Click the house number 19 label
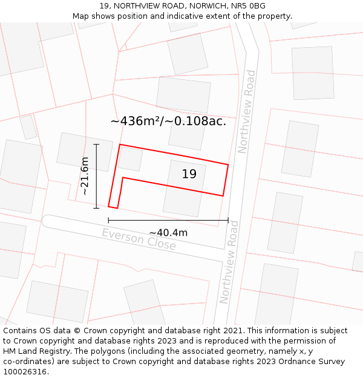coord(189,174)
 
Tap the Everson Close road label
coord(139,240)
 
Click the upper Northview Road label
coord(247,112)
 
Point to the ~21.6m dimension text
coord(85,175)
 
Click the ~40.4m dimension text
coord(168,233)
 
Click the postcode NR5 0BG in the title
coord(249,6)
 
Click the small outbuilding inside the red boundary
coord(130,158)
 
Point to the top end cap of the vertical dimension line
coord(96,145)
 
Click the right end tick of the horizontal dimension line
coord(228,220)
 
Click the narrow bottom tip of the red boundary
coord(113,207)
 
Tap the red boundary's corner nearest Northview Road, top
coord(228,165)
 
